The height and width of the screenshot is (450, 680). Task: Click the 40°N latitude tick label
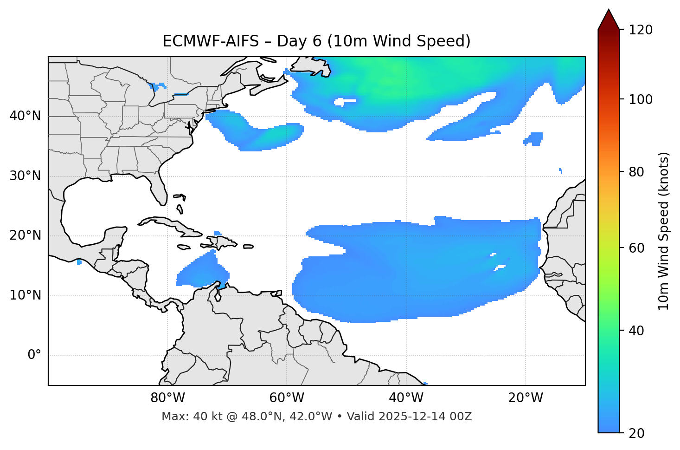pyautogui.click(x=25, y=116)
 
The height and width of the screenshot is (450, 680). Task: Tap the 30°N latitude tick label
pyautogui.click(x=25, y=176)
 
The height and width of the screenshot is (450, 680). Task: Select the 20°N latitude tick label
pyautogui.click(x=25, y=236)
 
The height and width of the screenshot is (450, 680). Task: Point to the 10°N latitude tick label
pyautogui.click(x=25, y=295)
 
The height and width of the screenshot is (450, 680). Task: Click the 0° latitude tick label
pyautogui.click(x=34, y=355)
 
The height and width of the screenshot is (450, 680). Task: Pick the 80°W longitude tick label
pyautogui.click(x=167, y=398)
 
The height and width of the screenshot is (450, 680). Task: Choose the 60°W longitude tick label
pyautogui.click(x=287, y=398)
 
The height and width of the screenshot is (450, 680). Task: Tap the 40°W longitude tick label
pyautogui.click(x=406, y=398)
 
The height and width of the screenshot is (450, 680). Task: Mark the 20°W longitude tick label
pyautogui.click(x=526, y=398)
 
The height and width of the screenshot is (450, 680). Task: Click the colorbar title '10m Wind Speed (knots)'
pyautogui.click(x=664, y=231)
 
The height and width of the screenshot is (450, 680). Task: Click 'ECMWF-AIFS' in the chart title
pyautogui.click(x=211, y=41)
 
